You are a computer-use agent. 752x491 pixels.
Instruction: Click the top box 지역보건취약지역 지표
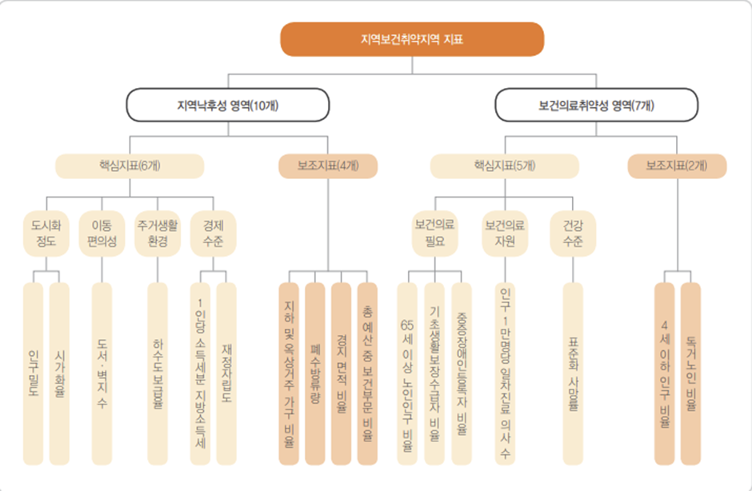(x=412, y=38)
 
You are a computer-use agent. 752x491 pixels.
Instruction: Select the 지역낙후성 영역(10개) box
(x=228, y=105)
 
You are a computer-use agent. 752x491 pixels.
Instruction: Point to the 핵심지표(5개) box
(x=504, y=166)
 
